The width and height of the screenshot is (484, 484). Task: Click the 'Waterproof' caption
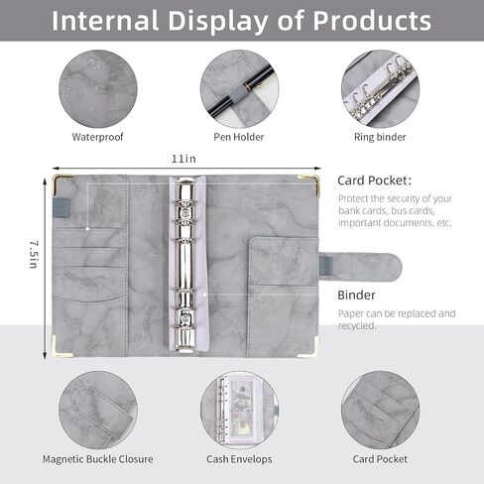[97, 137]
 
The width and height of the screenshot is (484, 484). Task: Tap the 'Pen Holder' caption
[239, 137]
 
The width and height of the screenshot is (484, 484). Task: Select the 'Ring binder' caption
[380, 137]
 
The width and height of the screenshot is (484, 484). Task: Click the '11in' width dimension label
[183, 159]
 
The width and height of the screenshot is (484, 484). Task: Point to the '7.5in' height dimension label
[34, 254]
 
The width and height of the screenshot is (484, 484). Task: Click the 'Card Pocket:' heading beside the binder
[375, 181]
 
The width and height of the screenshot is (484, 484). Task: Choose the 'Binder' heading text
[356, 295]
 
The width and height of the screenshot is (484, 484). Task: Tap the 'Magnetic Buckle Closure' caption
[98, 459]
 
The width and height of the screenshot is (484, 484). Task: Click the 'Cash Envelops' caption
[239, 459]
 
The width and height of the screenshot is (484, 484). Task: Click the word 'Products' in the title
[372, 21]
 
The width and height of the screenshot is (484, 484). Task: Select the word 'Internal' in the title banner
[105, 21]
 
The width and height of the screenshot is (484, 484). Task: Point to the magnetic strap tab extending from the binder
[360, 267]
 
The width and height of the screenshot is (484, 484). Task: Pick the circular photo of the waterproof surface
[98, 89]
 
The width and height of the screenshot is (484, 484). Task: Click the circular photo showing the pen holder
[239, 89]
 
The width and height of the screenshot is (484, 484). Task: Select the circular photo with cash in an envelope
[239, 411]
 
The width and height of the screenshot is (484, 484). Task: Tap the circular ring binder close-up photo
[380, 89]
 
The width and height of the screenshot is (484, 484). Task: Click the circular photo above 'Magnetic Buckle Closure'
[98, 411]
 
